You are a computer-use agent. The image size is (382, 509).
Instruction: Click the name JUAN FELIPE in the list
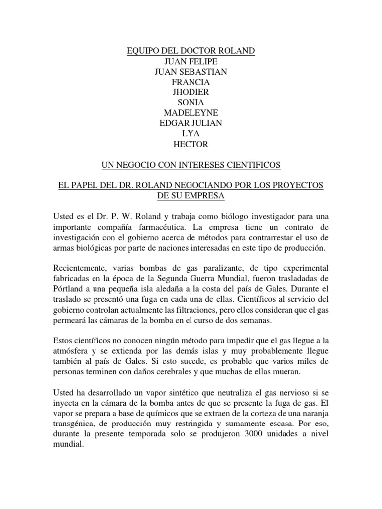click(191, 61)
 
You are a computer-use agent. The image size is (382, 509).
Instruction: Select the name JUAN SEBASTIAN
click(191, 72)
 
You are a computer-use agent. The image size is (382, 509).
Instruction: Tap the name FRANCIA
click(191, 82)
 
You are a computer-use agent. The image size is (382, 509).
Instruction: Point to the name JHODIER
click(191, 92)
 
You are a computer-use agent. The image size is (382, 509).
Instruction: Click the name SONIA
click(191, 103)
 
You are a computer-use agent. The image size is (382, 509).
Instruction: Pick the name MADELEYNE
click(191, 113)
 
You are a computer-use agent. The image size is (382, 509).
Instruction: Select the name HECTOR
click(191, 145)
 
